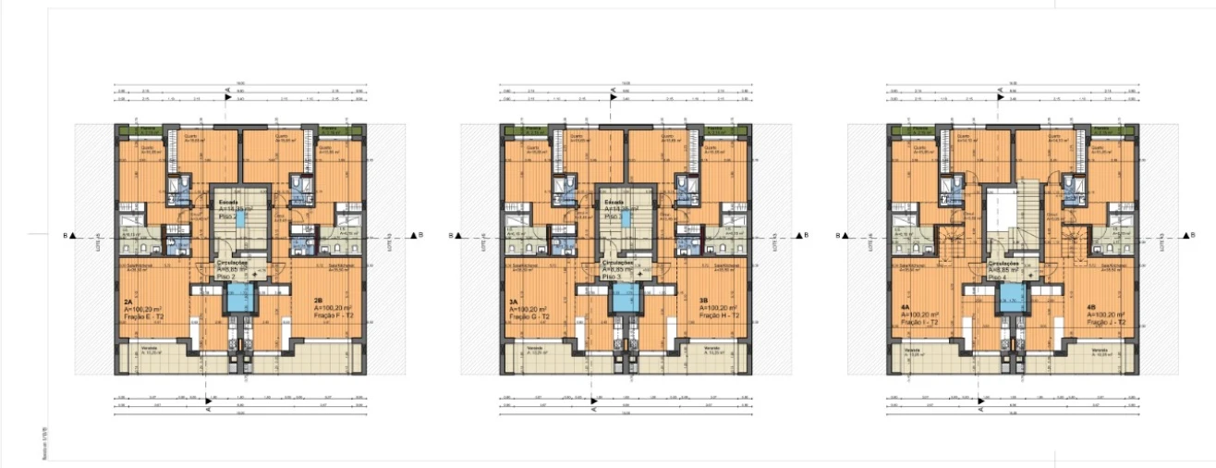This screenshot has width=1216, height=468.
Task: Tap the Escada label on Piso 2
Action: [x=228, y=201]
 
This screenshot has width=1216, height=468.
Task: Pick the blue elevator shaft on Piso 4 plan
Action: [x=1011, y=298]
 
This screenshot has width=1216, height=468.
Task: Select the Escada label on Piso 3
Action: [x=614, y=201]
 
